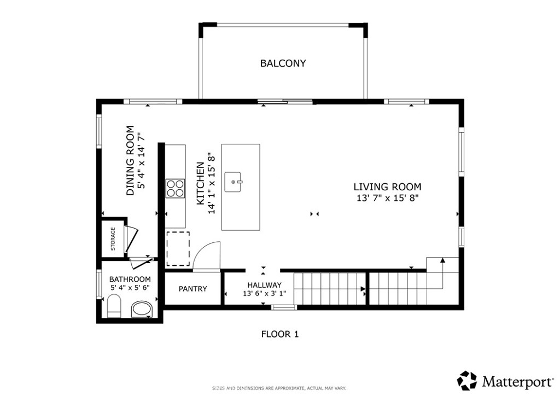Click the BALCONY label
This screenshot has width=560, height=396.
point(283,63)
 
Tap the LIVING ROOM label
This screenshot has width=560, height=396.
point(388,187)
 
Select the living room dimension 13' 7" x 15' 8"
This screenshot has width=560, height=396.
point(388,198)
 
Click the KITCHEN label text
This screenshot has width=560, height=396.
point(201,184)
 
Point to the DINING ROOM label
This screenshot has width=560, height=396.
point(130,160)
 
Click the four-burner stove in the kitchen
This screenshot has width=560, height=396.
point(176,188)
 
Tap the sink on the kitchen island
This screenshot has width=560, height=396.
point(233,182)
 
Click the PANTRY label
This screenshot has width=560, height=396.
point(193,288)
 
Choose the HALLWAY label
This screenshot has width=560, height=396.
point(264,285)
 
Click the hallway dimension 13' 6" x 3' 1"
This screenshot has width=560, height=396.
point(264,294)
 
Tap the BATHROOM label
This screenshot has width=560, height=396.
point(130,279)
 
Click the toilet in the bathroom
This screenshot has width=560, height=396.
point(114,306)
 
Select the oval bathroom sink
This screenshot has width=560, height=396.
point(142,309)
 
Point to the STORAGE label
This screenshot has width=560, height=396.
point(113,239)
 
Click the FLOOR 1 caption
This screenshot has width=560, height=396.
point(280,334)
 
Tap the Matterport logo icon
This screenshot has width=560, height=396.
point(467,381)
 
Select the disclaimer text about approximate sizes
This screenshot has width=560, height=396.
point(279,388)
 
